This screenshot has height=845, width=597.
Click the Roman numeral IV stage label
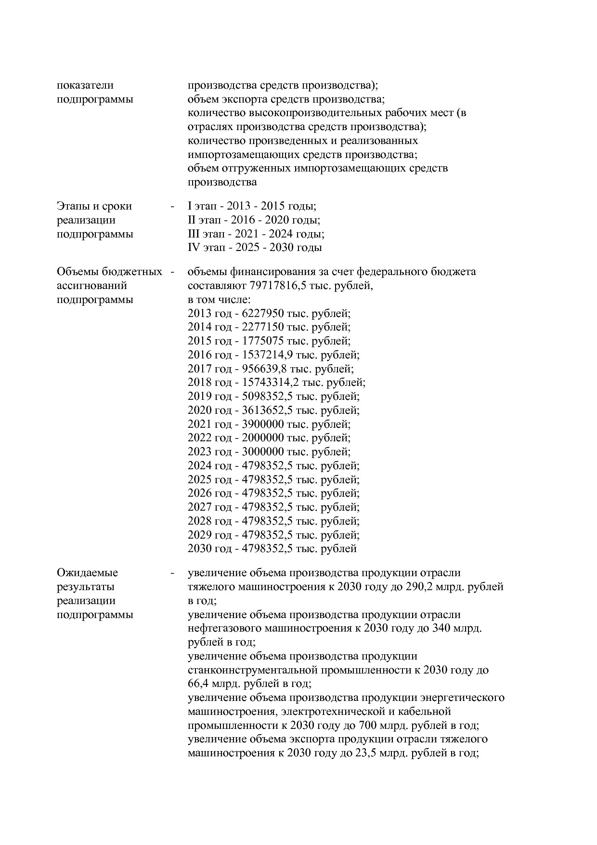(193, 248)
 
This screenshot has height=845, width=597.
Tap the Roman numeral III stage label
(193, 234)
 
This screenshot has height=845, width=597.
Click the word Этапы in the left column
(73, 206)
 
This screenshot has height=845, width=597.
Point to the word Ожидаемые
(87, 573)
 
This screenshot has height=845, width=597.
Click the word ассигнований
(92, 285)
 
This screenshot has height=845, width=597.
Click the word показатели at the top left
(85, 85)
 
